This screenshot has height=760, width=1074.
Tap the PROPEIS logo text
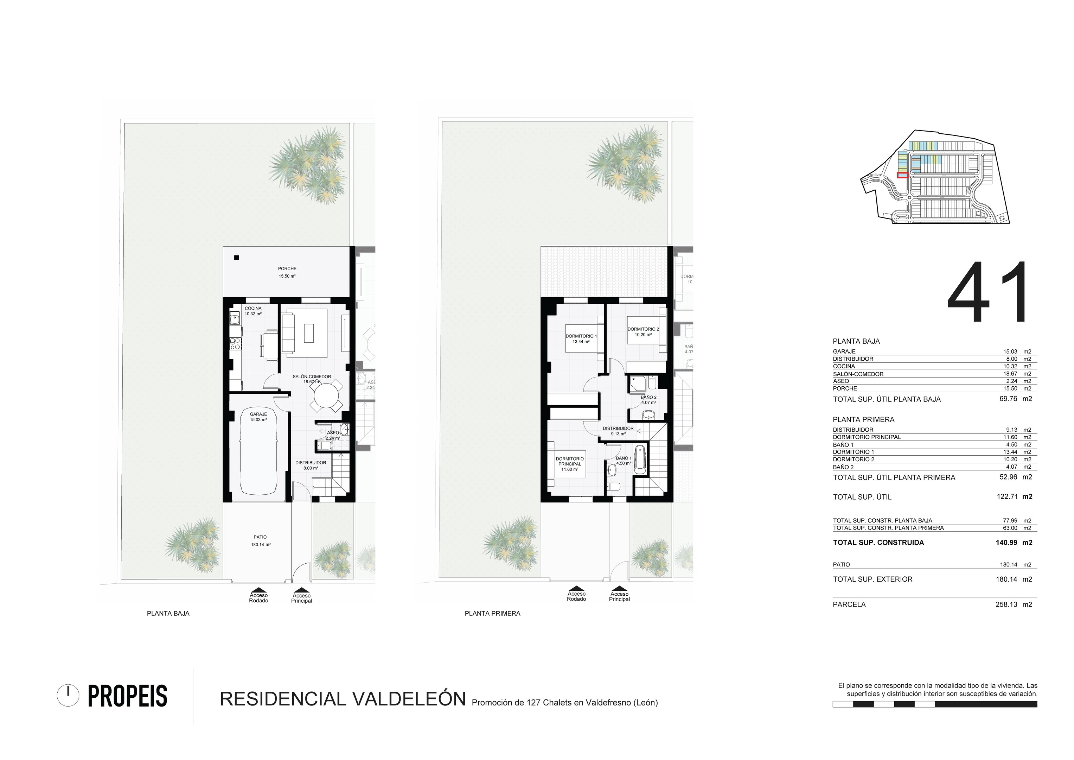tap(127, 696)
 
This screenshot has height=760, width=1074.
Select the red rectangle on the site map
tap(902, 175)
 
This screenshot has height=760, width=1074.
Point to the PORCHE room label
tap(287, 268)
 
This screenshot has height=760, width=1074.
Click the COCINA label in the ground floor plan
tap(253, 309)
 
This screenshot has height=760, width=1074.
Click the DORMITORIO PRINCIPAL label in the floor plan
tap(570, 461)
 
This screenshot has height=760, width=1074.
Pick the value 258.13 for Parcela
tap(1006, 604)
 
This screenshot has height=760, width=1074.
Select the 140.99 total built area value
tap(1006, 543)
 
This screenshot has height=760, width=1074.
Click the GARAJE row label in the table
tap(844, 351)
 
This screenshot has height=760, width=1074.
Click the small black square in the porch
tap(237, 258)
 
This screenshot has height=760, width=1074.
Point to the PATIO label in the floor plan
tap(260, 537)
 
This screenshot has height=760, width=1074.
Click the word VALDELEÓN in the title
tap(409, 699)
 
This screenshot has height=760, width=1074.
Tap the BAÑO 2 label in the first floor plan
tap(648, 397)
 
